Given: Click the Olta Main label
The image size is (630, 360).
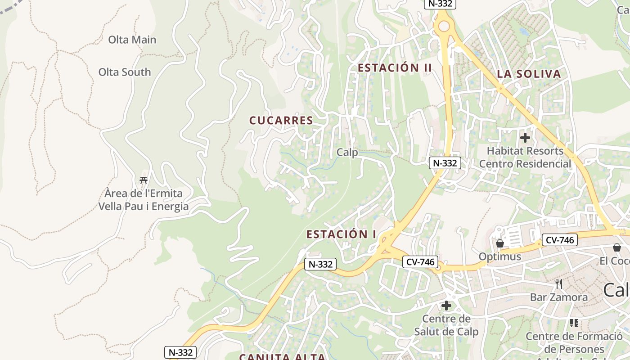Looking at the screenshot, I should tap(132, 40).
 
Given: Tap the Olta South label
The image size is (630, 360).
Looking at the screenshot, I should tap(125, 72).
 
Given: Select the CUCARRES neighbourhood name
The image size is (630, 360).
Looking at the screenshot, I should tap(281, 121).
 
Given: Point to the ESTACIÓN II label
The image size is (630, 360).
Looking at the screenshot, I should tap(395, 68).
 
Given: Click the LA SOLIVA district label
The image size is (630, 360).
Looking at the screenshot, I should tap(529, 74).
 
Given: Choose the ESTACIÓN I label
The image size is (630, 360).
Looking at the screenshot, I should tap(341, 234).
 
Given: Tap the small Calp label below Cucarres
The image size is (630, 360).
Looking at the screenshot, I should tap(347, 153).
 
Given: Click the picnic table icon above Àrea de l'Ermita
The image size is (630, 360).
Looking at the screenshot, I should tap(144, 180).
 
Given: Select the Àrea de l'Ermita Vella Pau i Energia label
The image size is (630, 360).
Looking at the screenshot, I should tap(144, 200).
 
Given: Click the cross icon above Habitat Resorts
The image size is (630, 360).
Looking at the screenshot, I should tap(525, 138).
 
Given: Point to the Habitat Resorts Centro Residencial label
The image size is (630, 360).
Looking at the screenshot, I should tap(525, 157).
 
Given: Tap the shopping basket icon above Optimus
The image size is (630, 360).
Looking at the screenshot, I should tap(499, 243).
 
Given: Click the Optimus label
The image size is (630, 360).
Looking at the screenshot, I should tap(499, 256).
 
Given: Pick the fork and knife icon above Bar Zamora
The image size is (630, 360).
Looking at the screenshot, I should tap(559, 284).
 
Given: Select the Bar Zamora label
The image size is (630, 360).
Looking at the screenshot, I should tap(558, 297).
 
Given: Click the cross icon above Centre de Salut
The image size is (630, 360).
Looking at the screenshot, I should tap(446, 306).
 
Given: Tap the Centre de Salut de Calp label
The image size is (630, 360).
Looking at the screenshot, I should tap(446, 325).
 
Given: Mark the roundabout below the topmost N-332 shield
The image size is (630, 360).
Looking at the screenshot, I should tap(444, 27).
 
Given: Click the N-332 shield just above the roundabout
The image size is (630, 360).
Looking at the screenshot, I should tap(440, 4).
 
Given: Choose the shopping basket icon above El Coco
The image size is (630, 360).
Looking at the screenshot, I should tap(616, 247).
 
